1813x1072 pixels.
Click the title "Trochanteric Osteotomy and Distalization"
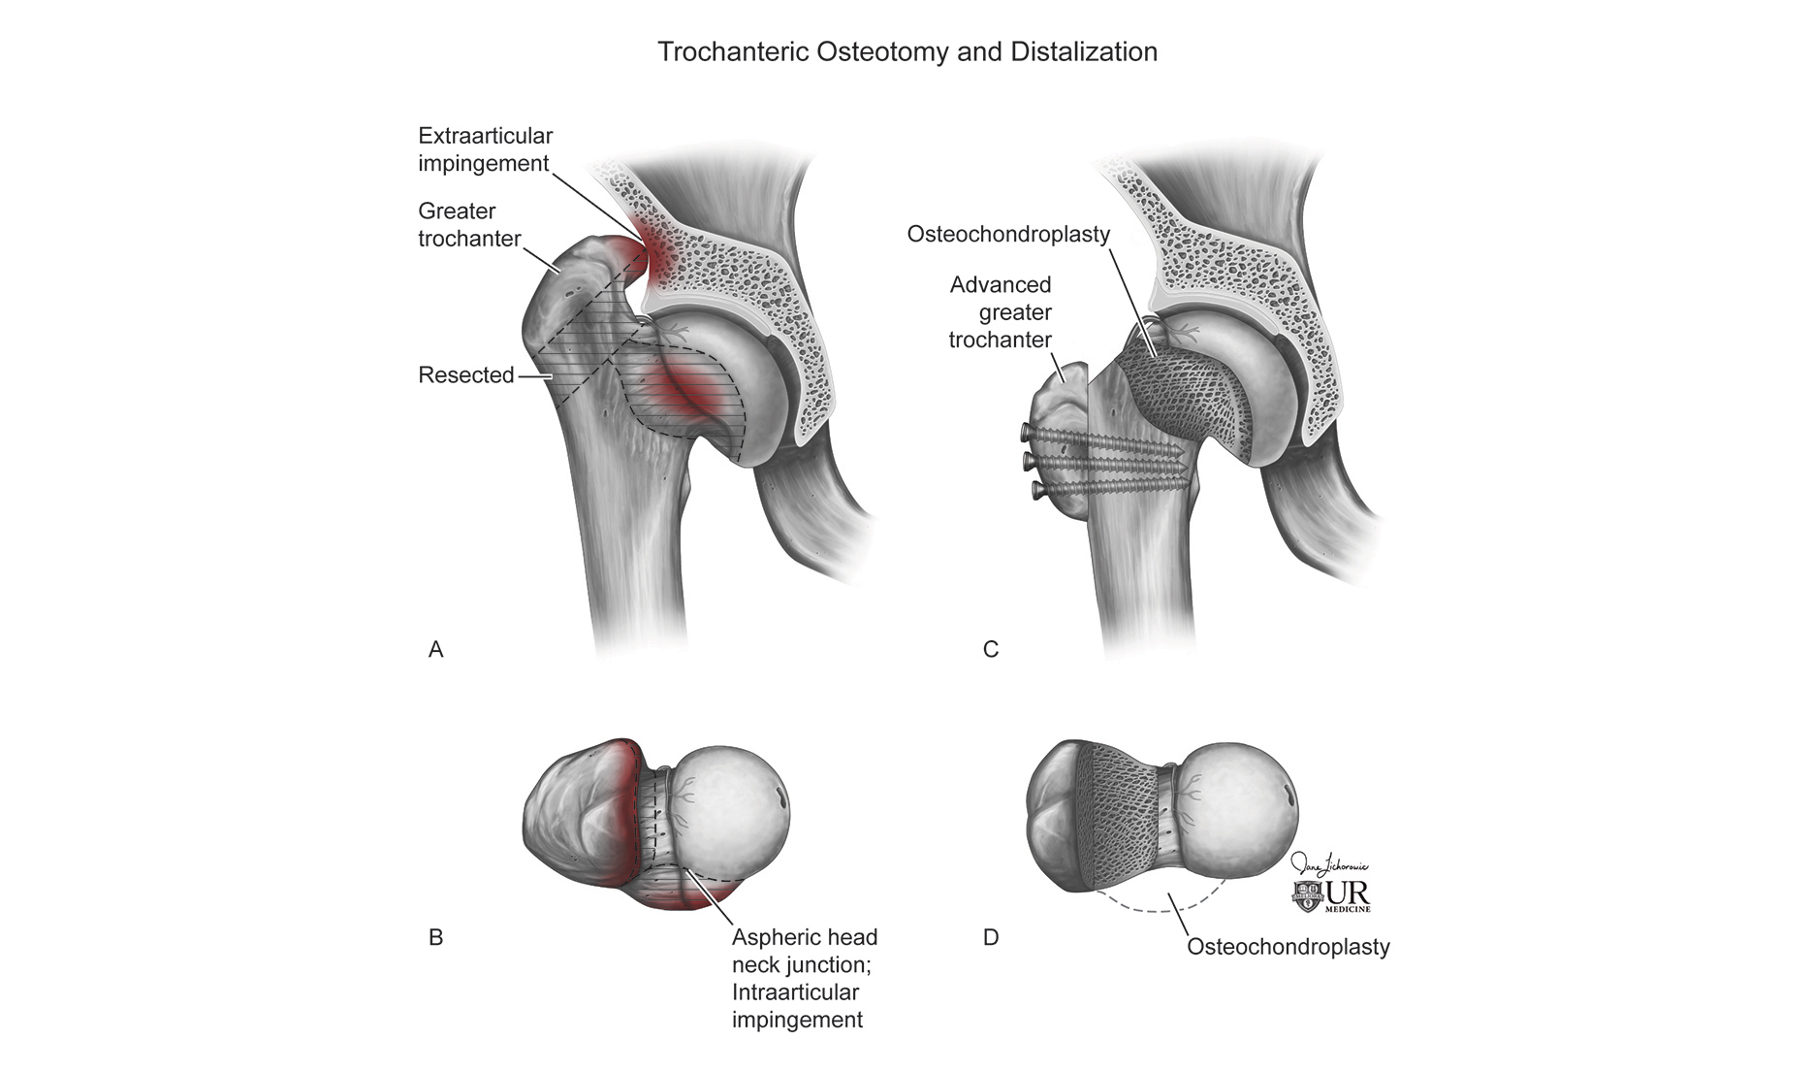click(x=907, y=51)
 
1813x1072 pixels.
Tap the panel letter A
click(x=436, y=650)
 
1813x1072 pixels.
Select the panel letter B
click(x=436, y=937)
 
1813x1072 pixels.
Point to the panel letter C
click(x=991, y=650)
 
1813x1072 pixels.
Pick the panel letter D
click(x=991, y=937)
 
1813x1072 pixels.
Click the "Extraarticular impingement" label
click(x=485, y=149)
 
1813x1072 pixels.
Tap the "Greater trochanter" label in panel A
click(x=469, y=224)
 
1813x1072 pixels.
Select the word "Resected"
click(x=466, y=374)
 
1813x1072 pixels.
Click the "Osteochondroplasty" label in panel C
click(x=1008, y=234)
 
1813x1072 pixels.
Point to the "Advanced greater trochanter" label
click(x=1001, y=312)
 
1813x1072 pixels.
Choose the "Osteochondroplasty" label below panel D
click(x=1288, y=947)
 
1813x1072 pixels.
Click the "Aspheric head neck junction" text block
click(x=805, y=978)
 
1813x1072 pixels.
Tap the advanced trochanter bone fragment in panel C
click(x=1059, y=427)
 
